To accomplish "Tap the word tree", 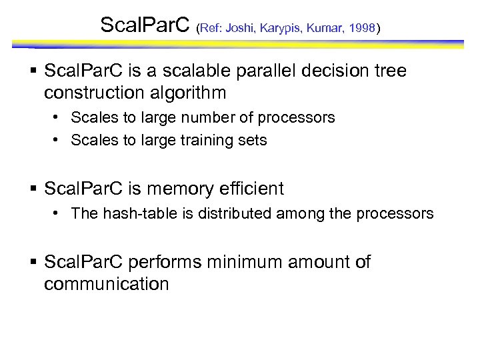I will pos(388,71).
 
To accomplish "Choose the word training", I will pos(187,141).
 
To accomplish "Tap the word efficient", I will pos(251,189).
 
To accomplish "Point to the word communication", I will pos(107,285).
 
